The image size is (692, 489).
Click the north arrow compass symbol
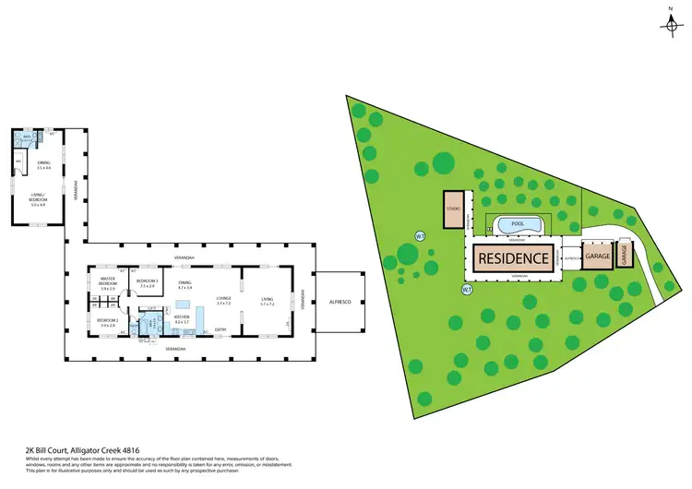(670, 22)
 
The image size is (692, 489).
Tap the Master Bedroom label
(108, 285)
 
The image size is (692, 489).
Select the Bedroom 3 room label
(147, 283)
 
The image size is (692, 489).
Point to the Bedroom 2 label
(108, 322)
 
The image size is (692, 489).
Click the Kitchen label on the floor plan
(181, 319)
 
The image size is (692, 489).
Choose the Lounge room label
(222, 299)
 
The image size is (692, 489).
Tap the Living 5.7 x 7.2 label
(267, 299)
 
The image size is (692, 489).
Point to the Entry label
(221, 329)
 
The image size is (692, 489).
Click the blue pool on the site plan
(518, 224)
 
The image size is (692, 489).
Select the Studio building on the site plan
(453, 209)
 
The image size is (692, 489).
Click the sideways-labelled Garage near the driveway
(623, 254)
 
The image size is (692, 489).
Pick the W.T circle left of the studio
(420, 234)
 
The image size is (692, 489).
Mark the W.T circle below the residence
(467, 290)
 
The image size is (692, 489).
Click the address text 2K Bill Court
(69, 449)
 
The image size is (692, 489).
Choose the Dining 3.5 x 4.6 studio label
(43, 167)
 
